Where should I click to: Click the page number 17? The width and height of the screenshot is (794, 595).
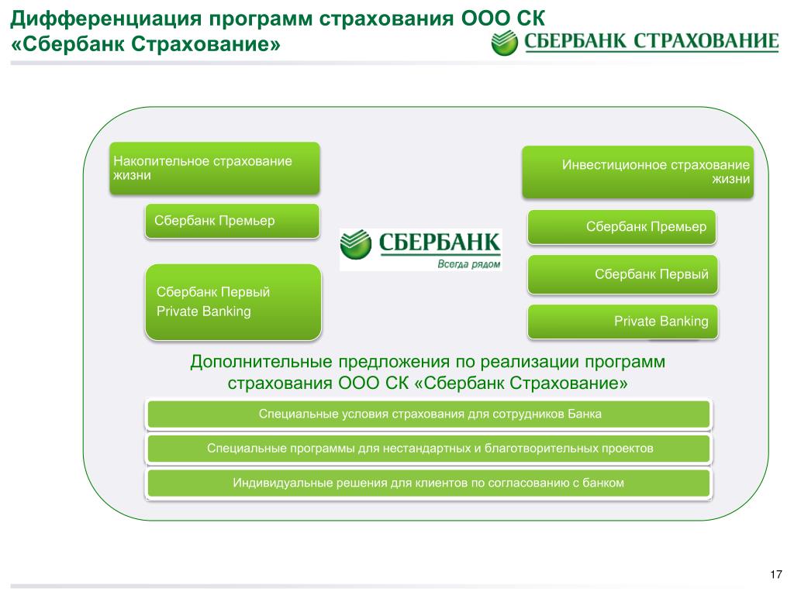click(x=775, y=574)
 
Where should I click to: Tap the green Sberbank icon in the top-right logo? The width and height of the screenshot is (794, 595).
click(x=504, y=43)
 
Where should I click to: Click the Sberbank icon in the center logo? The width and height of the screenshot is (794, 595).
click(x=355, y=244)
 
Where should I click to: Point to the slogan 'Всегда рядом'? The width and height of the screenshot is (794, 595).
click(x=468, y=263)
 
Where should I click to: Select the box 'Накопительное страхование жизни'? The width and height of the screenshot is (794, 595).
click(x=215, y=168)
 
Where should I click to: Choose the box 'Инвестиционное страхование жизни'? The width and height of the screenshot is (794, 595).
click(x=637, y=172)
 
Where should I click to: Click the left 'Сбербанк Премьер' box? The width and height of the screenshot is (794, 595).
click(x=233, y=221)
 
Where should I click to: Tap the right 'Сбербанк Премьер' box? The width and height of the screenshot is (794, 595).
click(x=622, y=227)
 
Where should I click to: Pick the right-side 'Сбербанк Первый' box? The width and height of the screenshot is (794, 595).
click(x=623, y=274)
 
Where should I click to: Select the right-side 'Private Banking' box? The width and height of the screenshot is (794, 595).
click(x=623, y=322)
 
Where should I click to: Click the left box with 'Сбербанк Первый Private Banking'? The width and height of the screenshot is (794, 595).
click(x=233, y=302)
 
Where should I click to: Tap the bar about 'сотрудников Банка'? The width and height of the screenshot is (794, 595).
click(x=429, y=414)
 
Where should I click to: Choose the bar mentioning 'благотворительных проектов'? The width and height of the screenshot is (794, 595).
click(x=429, y=449)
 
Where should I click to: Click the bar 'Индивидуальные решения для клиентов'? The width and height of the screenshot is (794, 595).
click(x=429, y=483)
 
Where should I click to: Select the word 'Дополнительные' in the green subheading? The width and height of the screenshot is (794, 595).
click(x=261, y=362)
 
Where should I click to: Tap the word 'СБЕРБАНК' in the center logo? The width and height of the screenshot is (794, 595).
click(x=440, y=242)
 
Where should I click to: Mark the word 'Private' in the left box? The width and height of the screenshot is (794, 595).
click(x=178, y=311)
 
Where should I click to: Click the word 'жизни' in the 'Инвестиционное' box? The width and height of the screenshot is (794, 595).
click(x=730, y=179)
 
